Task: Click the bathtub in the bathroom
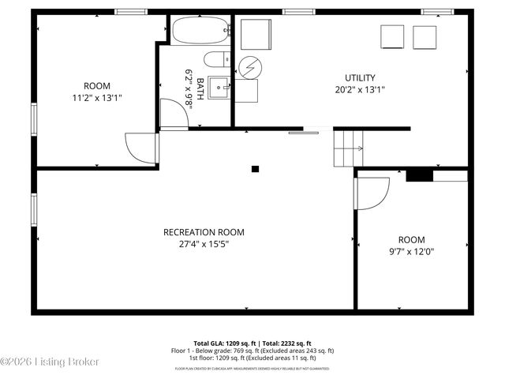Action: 199,31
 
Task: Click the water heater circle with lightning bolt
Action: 249,68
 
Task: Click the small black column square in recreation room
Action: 255,168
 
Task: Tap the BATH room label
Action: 200,88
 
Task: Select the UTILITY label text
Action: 359,77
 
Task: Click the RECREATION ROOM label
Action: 204,232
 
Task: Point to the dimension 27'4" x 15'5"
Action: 204,244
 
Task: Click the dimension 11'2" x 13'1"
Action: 97,98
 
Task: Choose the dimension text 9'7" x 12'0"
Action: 411,252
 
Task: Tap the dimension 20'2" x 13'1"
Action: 359,89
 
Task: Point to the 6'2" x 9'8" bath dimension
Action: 189,88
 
